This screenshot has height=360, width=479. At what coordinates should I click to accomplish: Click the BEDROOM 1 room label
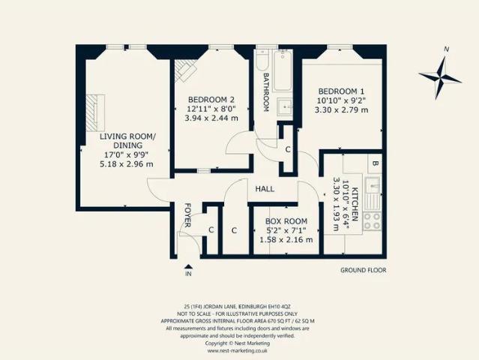point(341,91)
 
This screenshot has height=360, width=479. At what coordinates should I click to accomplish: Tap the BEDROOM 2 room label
point(211,100)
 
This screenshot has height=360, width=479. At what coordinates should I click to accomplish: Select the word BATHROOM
point(266,92)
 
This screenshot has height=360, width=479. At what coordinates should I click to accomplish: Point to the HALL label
point(265,189)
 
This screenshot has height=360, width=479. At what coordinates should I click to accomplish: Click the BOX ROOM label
point(286,221)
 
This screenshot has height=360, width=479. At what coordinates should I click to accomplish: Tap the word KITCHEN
point(355,204)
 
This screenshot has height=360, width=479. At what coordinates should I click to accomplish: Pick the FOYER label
point(187,215)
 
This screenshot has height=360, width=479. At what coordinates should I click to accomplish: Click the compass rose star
point(440,78)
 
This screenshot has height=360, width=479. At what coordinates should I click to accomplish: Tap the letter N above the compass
point(447,49)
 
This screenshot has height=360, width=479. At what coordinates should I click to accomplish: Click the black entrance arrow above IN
point(188,266)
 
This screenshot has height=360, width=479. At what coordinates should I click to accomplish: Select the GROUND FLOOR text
point(364,270)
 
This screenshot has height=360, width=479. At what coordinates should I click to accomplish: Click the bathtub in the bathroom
point(283,71)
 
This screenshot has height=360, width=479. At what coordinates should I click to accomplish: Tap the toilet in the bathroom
point(262,59)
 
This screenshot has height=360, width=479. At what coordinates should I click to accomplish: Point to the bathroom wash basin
point(285,106)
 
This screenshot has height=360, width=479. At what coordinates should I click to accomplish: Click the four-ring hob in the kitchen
point(372,221)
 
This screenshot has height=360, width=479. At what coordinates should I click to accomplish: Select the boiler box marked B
point(375,163)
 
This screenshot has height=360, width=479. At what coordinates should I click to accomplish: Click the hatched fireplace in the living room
point(95,113)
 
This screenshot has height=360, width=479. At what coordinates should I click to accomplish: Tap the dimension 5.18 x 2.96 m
point(127,164)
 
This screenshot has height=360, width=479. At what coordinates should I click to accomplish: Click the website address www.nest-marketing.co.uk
point(237,350)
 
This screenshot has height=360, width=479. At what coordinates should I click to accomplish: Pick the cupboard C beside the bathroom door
point(287,149)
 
